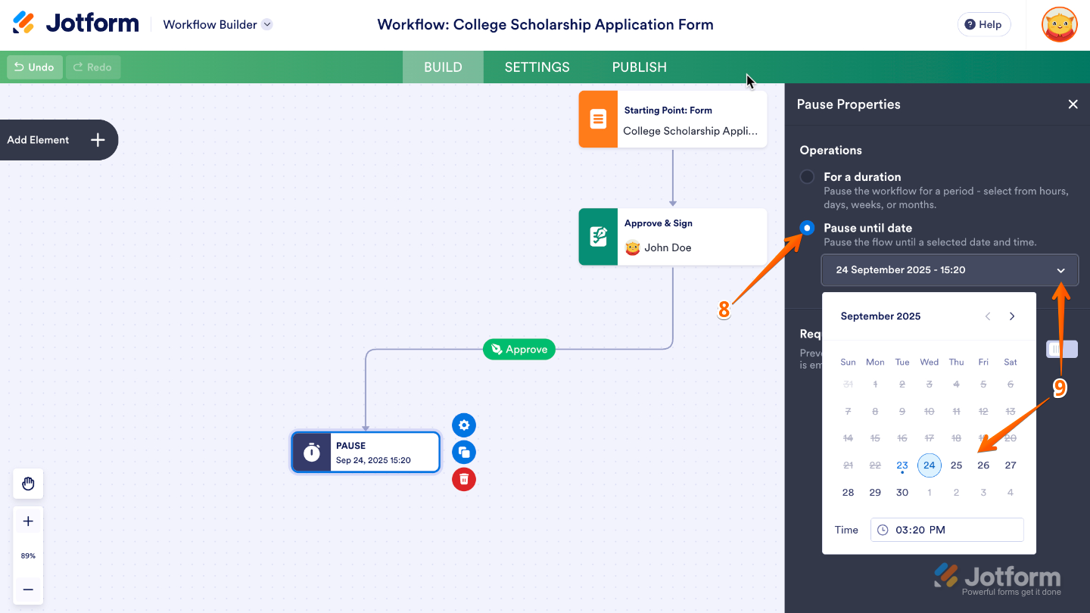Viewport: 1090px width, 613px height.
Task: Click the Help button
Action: point(983,24)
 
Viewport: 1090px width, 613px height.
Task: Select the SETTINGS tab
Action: point(537,67)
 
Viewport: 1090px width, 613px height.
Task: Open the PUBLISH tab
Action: point(639,67)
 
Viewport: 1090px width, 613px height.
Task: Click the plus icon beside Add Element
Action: point(98,140)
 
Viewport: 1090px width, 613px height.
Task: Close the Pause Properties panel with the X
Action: point(1073,104)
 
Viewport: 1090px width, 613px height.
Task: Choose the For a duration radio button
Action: point(808,176)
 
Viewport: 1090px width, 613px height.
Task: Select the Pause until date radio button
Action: point(808,228)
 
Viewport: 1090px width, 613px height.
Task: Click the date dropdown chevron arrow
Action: point(1060,270)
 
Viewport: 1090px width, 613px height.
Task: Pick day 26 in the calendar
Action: point(983,465)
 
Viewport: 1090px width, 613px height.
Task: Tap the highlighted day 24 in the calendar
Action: point(930,465)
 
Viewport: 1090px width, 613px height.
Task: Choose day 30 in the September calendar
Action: point(902,493)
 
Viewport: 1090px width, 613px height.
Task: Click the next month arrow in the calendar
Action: point(1012,316)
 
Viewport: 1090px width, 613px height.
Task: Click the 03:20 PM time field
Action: point(947,530)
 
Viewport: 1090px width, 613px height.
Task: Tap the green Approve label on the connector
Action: point(519,350)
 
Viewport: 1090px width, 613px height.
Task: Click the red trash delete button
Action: point(464,479)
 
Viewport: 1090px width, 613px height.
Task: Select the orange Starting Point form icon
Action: point(598,120)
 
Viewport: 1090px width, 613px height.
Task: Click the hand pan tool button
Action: point(28,484)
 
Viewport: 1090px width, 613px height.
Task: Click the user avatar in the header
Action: point(1059,24)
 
